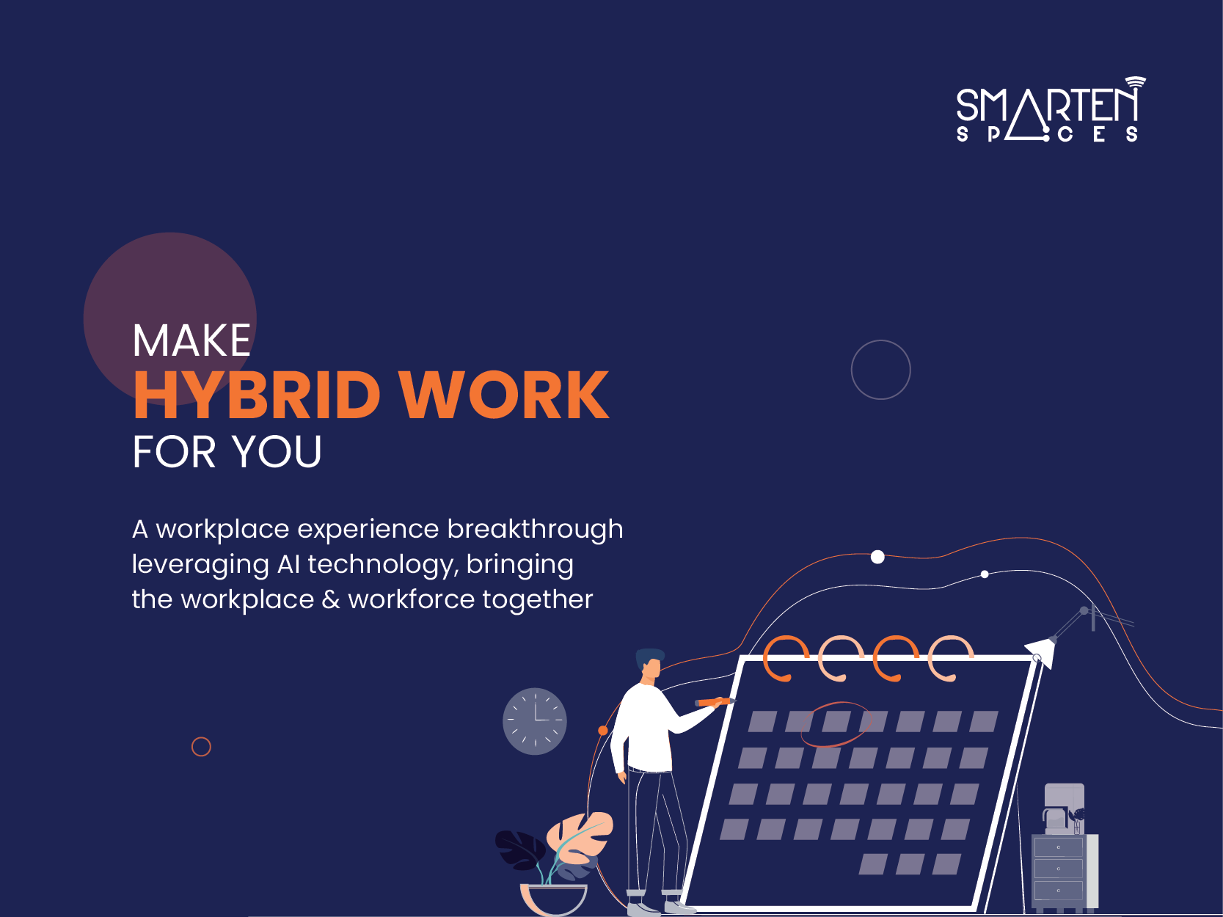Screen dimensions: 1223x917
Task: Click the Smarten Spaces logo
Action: [1051, 109]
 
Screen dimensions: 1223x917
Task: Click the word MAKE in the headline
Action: [191, 340]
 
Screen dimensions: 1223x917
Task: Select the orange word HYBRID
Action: [257, 395]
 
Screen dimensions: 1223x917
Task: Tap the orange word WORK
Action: [505, 395]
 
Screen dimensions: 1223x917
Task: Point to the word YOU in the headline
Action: [277, 451]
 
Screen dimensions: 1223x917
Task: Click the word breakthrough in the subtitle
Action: [535, 529]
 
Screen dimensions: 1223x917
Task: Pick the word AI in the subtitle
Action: [288, 564]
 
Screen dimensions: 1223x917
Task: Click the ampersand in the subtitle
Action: [331, 599]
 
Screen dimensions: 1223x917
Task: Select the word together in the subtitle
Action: [537, 600]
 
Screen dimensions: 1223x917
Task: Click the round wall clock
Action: [535, 721]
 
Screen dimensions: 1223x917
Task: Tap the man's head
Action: [650, 663]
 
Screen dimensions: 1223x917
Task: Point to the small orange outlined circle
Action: [201, 737]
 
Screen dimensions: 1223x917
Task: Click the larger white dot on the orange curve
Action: [877, 557]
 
